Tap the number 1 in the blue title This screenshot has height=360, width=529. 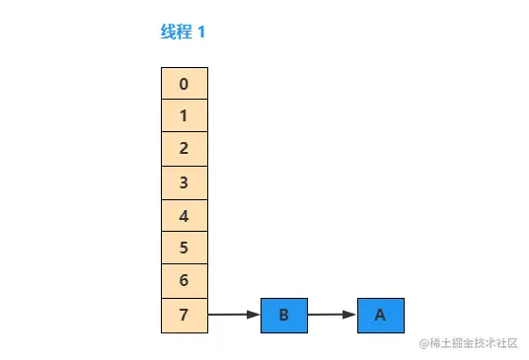click(x=201, y=32)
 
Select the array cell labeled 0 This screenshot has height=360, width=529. click(x=185, y=84)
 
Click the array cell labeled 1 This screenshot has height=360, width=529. click(x=185, y=116)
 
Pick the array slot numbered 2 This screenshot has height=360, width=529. click(x=185, y=150)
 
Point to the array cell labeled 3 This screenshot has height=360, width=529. click(x=185, y=182)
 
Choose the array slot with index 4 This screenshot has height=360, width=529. click(x=185, y=216)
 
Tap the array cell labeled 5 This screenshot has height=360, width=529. click(x=185, y=249)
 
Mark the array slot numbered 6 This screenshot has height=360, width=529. click(x=185, y=282)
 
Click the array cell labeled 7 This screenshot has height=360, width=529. click(x=185, y=316)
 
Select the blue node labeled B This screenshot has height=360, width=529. click(x=284, y=316)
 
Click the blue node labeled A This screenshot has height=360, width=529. click(x=381, y=316)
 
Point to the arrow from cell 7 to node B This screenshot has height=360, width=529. click(x=232, y=316)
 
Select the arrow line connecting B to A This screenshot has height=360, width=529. click(x=329, y=316)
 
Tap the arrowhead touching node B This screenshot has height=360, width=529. click(x=255, y=316)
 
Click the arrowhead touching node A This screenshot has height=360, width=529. click(x=350, y=316)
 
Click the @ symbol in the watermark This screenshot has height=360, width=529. click(x=423, y=343)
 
